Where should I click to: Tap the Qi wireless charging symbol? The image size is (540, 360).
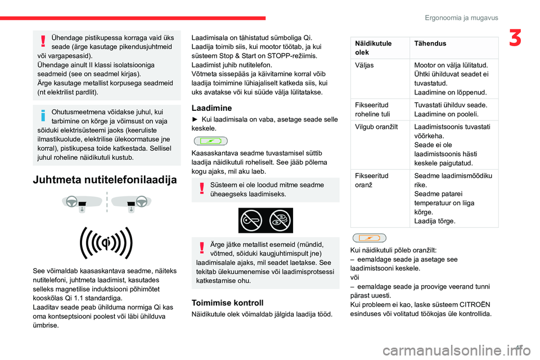tap(107, 243)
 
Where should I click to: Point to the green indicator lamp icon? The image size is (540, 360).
tap(209, 140)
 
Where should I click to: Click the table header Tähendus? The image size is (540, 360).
tap(427, 43)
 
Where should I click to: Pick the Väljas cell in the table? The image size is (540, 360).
tap(364, 65)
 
